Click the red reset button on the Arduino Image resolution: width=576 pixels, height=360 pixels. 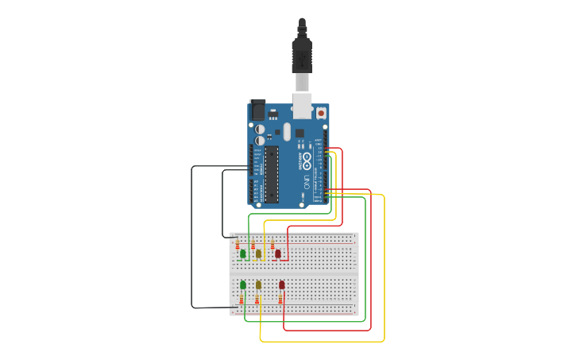pyautogui.click(x=321, y=113)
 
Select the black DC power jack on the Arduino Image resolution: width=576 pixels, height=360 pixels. pyautogui.click(x=257, y=110)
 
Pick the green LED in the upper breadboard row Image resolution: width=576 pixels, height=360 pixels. pyautogui.click(x=243, y=254)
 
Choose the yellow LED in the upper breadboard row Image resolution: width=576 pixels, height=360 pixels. pyautogui.click(x=258, y=254)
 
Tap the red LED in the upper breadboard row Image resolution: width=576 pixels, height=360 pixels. pyautogui.click(x=278, y=254)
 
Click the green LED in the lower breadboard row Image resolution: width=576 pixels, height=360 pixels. pyautogui.click(x=243, y=285)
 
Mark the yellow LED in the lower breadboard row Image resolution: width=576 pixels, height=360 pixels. pyautogui.click(x=258, y=285)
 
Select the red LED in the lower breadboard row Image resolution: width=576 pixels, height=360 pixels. pyautogui.click(x=281, y=285)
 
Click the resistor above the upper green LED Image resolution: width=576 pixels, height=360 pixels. pyautogui.click(x=238, y=243)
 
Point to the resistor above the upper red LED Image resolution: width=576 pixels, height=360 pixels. pyautogui.click(x=273, y=243)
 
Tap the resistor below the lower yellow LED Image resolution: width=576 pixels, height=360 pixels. pyautogui.click(x=257, y=299)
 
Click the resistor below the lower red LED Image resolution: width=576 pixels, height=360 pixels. pyautogui.click(x=280, y=299)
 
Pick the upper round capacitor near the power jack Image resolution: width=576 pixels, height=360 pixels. pyautogui.click(x=260, y=128)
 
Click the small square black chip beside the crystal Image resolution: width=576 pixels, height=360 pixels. pyautogui.click(x=300, y=133)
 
